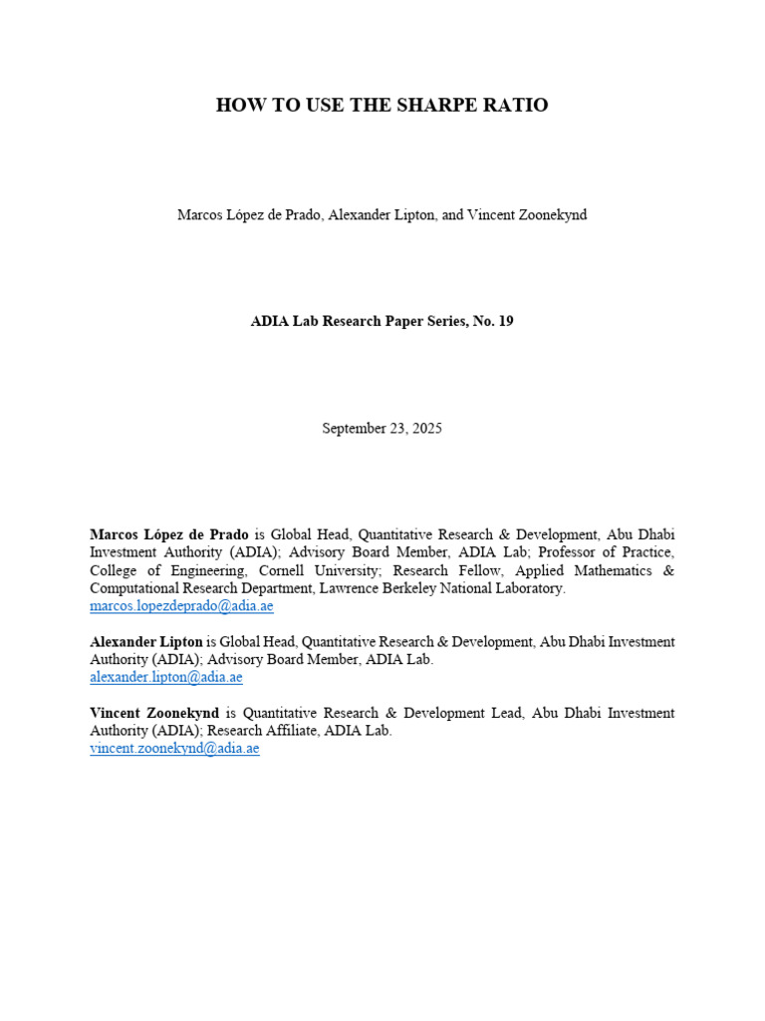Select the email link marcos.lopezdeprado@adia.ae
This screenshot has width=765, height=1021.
point(181,606)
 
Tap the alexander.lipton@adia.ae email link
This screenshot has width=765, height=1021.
point(166,677)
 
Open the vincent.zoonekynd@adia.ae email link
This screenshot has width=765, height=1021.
point(174,748)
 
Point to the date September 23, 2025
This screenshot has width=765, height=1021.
point(382,428)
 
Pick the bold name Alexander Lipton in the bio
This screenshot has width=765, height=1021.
point(145,642)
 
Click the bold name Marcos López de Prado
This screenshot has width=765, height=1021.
point(169,535)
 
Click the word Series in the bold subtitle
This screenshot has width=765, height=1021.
point(429,321)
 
